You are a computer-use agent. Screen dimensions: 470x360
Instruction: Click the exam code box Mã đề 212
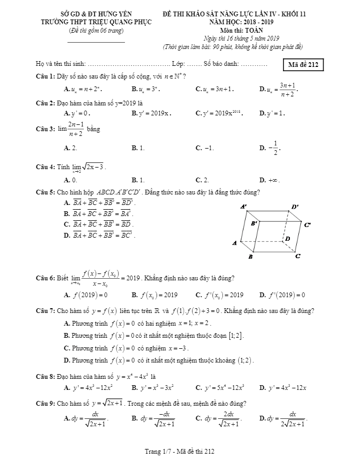302,65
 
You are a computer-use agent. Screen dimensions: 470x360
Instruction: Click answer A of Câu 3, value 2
71,148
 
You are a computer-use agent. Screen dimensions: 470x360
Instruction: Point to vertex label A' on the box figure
244,207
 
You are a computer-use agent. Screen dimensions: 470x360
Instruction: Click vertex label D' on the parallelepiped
295,207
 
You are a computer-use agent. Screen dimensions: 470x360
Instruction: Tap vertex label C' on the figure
307,225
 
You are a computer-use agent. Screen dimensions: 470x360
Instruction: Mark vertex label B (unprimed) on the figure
250,257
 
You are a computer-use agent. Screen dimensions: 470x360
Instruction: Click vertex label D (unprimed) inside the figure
288,239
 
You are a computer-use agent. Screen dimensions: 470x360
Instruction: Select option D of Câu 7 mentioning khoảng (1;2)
158,361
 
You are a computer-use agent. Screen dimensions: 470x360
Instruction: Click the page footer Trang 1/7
180,452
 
